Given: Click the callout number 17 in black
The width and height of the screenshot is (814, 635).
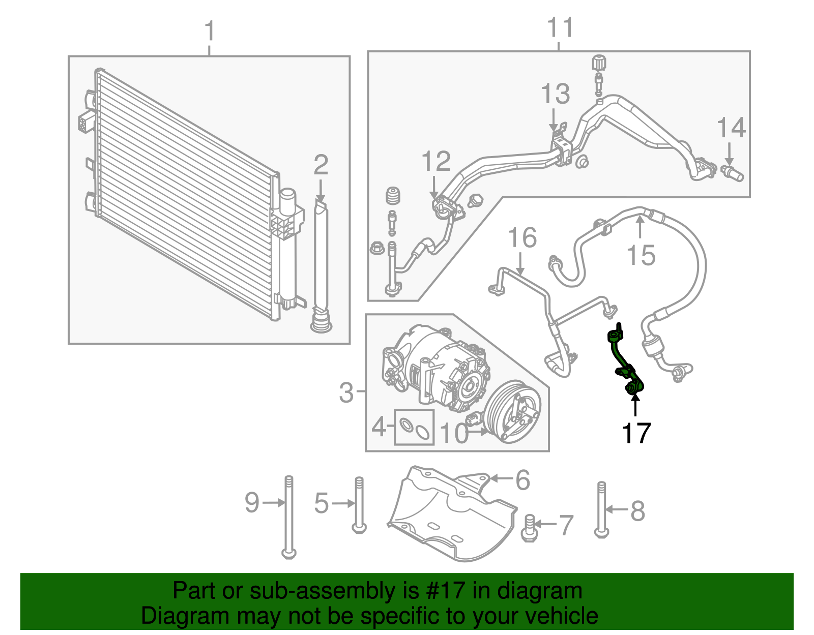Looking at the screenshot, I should pyautogui.click(x=636, y=433).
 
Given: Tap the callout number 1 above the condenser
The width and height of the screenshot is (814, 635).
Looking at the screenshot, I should pyautogui.click(x=210, y=32).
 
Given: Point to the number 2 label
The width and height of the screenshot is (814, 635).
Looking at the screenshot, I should pyautogui.click(x=321, y=165).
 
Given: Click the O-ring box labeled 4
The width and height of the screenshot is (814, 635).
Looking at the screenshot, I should pyautogui.click(x=414, y=427).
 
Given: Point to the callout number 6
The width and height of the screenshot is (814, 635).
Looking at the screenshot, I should pyautogui.click(x=522, y=479).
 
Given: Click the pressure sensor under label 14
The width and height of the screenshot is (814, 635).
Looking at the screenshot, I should pyautogui.click(x=733, y=173).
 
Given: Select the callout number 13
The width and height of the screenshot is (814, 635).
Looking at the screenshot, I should pyautogui.click(x=555, y=94).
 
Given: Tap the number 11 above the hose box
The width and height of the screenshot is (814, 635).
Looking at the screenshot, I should pyautogui.click(x=560, y=28).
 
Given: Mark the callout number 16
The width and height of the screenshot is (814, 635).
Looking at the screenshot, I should pyautogui.click(x=522, y=237).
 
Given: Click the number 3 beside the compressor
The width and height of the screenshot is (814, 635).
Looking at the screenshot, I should pyautogui.click(x=346, y=392).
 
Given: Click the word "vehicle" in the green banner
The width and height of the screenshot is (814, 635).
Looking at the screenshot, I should pyautogui.click(x=561, y=616).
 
